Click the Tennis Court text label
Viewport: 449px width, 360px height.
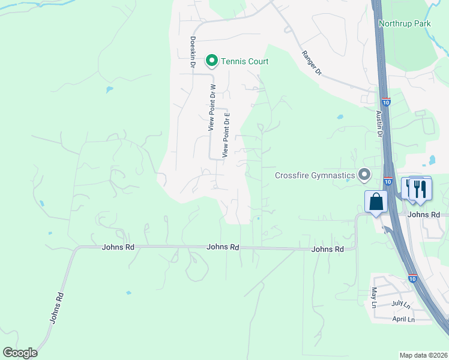[x=244, y=61]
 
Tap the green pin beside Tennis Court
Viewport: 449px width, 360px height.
[x=211, y=61]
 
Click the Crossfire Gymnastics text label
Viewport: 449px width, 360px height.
[x=315, y=175]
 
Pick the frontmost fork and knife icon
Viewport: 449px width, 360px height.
[x=420, y=188]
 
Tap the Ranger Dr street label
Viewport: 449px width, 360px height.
[x=312, y=63]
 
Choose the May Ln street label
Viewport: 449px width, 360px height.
[x=373, y=298]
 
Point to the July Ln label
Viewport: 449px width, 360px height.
[x=400, y=304]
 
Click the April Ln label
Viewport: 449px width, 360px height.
[x=403, y=320]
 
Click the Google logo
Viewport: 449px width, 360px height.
[x=20, y=353]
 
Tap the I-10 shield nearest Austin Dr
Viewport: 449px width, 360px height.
[x=385, y=103]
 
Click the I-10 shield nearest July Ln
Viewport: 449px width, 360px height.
[x=411, y=279]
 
